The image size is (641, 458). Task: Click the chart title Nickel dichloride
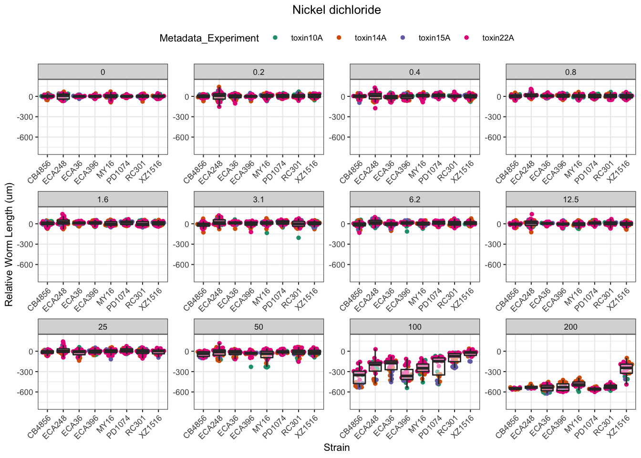[336, 10]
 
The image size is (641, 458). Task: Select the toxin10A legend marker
[275, 38]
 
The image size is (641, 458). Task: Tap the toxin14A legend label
[370, 38]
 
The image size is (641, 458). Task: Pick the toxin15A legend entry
[434, 38]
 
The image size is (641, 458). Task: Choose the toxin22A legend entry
[498, 38]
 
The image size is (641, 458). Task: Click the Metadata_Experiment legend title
[209, 38]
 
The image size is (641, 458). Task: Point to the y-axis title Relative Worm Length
[9, 245]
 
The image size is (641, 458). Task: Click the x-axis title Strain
[336, 448]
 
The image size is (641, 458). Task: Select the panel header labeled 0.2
[258, 72]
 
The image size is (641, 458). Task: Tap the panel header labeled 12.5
[570, 199]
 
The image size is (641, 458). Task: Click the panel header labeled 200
[570, 327]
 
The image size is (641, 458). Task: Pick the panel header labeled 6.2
[414, 199]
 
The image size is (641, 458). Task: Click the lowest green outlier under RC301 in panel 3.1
[298, 238]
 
